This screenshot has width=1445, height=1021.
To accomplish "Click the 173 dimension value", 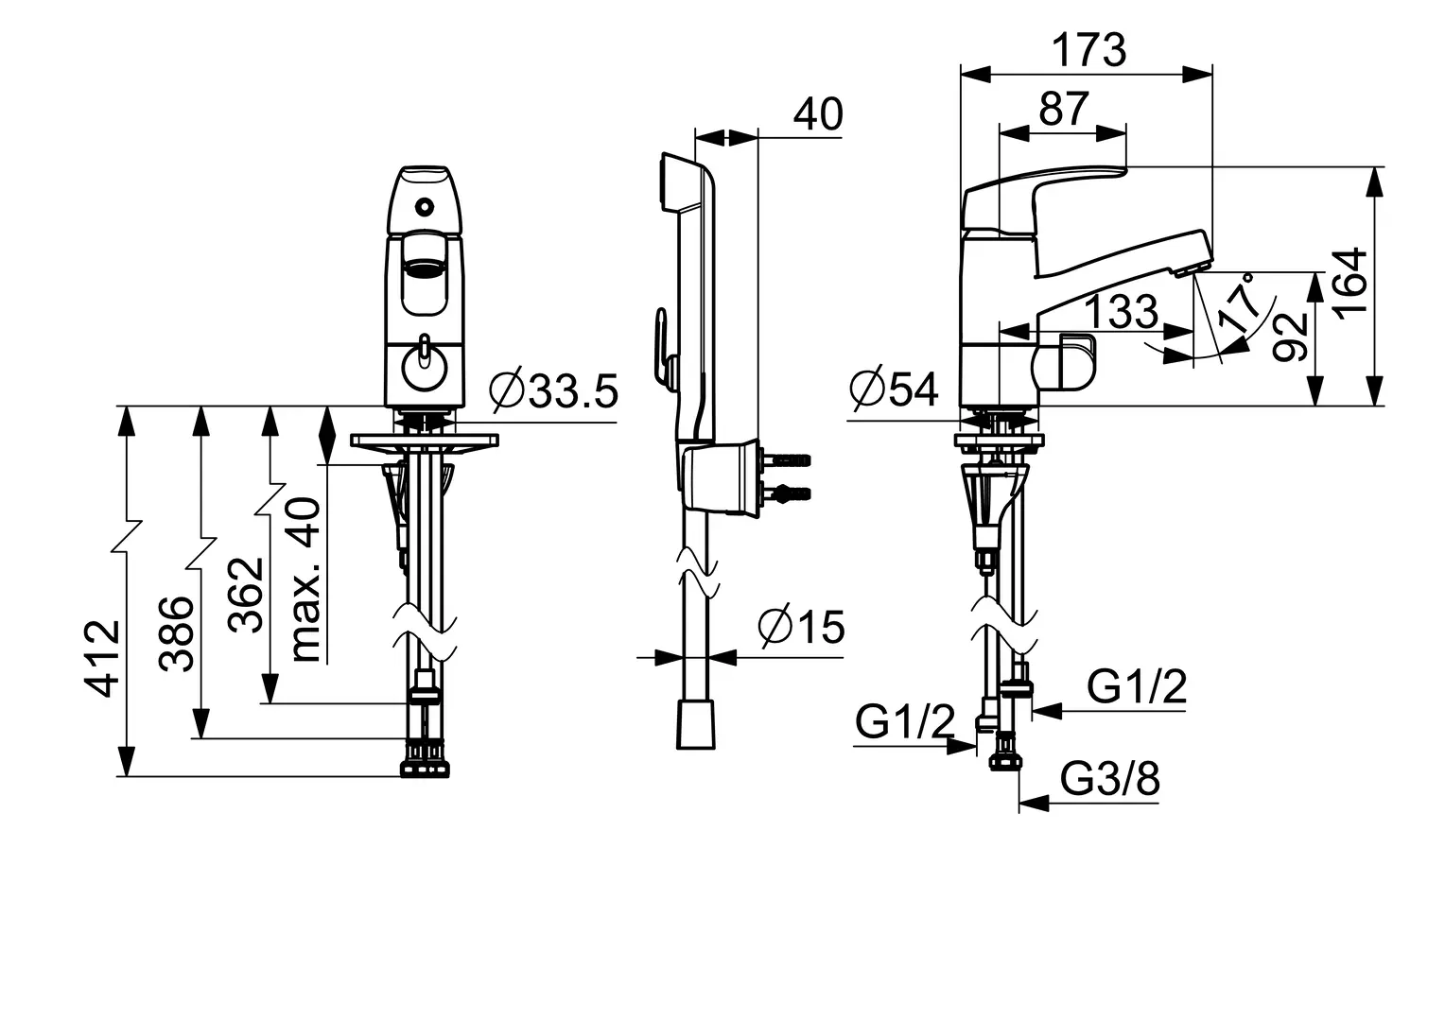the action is pos(1088,51).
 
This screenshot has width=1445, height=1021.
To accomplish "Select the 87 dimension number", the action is pos(1064,109).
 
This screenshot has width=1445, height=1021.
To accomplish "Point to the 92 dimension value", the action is pos(1290,337).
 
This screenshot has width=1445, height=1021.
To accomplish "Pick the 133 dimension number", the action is pos(1123,311).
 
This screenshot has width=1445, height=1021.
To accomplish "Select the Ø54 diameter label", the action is pos(894,389).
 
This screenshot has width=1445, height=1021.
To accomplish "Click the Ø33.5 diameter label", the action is pos(553,390).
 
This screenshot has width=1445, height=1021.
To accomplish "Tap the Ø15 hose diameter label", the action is pos(801,626).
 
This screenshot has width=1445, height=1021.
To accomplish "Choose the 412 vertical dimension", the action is pos(103,659).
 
